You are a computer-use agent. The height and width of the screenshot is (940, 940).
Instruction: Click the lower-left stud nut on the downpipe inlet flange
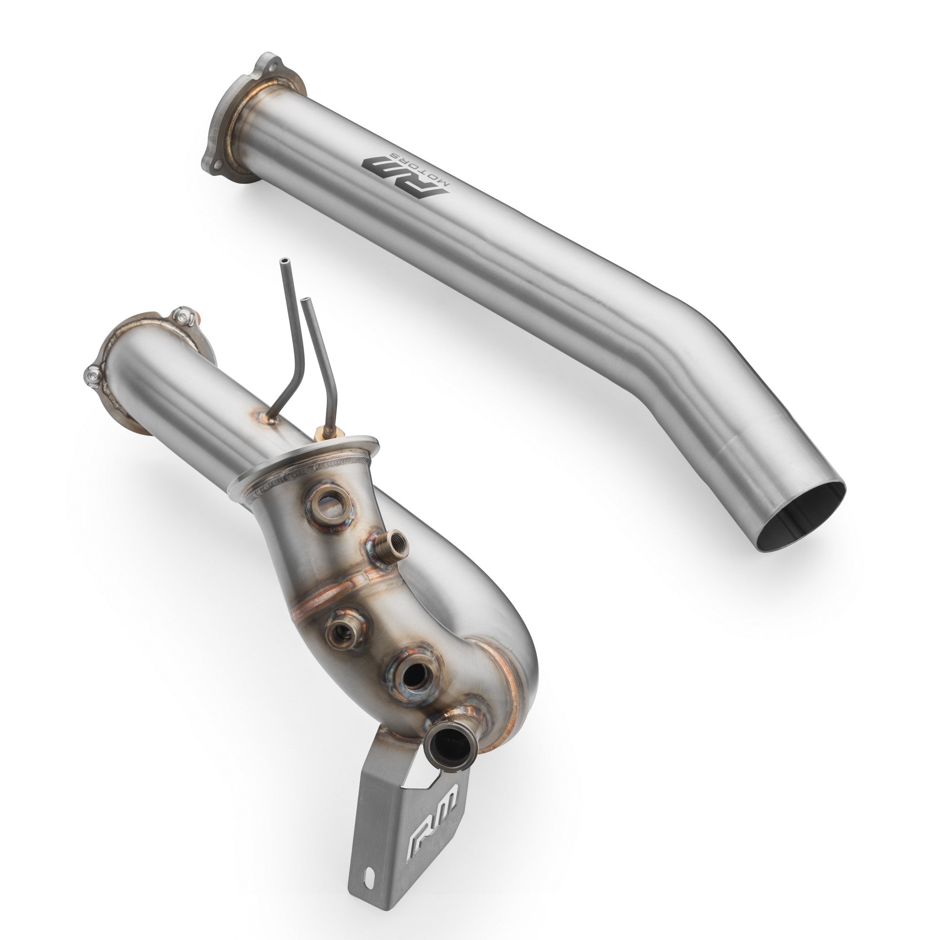point(93,374)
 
